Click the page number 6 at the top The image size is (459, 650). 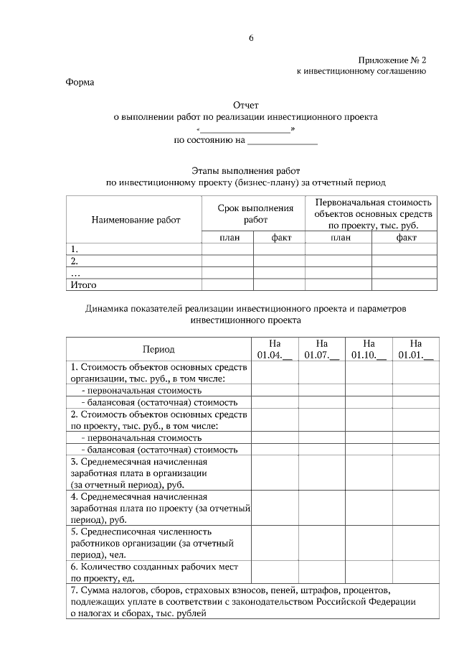click(x=252, y=38)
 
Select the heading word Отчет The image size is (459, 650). click(x=245, y=106)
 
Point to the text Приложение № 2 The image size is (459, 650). click(x=392, y=61)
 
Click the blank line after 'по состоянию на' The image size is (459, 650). click(x=282, y=141)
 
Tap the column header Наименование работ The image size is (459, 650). click(x=136, y=220)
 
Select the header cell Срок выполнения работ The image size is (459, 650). click(x=255, y=213)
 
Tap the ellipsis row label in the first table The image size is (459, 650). click(x=76, y=273)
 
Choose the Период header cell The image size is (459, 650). click(x=158, y=349)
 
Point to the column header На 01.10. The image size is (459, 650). click(x=369, y=349)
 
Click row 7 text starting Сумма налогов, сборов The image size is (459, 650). click(x=243, y=601)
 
